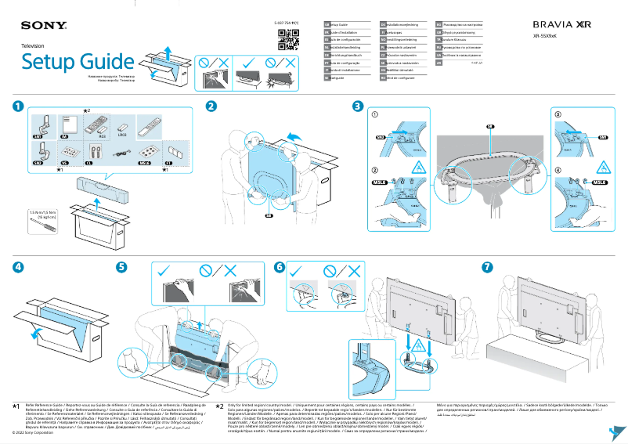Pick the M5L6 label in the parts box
pyautogui.click(x=144, y=163)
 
